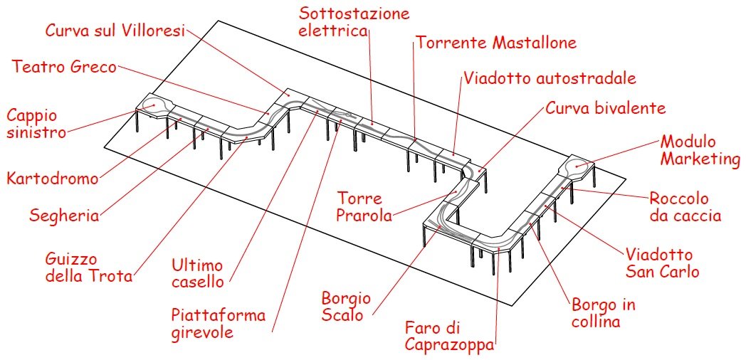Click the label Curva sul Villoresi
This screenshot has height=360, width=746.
(x=115, y=30)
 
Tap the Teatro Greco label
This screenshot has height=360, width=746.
(x=64, y=67)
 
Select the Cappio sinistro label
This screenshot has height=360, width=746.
(x=36, y=124)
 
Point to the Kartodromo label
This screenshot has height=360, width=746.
(x=53, y=179)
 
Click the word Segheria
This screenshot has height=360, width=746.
(x=64, y=216)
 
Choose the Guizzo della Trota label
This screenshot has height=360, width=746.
(x=88, y=268)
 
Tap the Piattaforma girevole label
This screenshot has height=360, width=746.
(x=219, y=324)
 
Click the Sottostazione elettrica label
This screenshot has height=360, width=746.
(x=354, y=22)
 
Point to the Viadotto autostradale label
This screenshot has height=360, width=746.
(x=550, y=78)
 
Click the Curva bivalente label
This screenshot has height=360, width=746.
(x=605, y=108)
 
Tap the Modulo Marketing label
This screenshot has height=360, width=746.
(x=700, y=151)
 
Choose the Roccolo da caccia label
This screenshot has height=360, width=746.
(x=685, y=206)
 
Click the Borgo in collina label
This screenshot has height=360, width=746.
(x=603, y=313)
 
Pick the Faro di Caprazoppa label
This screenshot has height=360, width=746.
(x=449, y=336)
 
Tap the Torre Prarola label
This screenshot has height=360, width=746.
(x=364, y=207)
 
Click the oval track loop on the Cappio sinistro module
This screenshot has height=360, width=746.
(x=154, y=106)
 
